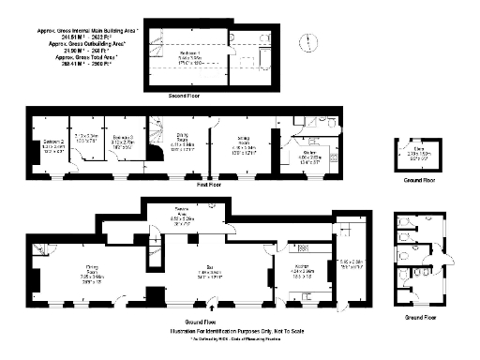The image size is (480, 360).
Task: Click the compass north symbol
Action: click(x=304, y=39)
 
